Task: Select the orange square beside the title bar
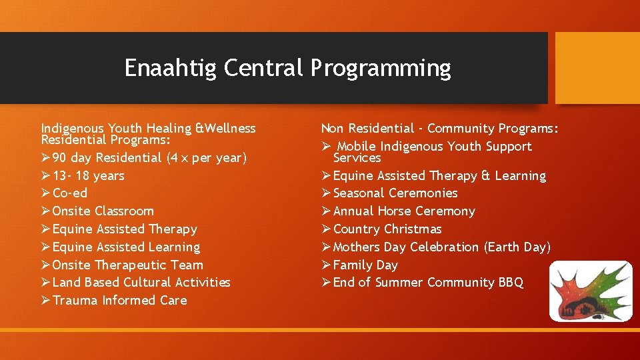pos(597,68)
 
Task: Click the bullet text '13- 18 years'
pos(89,176)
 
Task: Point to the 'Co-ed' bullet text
pos(70,193)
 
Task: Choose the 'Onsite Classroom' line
pos(103,211)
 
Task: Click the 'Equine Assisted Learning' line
pos(126,247)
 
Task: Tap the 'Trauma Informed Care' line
pos(119,301)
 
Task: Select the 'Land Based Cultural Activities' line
pos(141,283)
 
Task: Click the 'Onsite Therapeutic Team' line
pos(127,265)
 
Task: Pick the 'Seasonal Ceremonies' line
pos(395,193)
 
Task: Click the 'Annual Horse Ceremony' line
pos(404,211)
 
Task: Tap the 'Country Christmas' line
pos(387,229)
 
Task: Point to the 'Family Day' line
pos(365,265)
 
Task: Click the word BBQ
pos(511,283)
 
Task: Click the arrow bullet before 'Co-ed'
pos(45,193)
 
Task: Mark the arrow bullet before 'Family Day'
pos(326,265)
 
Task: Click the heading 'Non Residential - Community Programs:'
pos(440,129)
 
